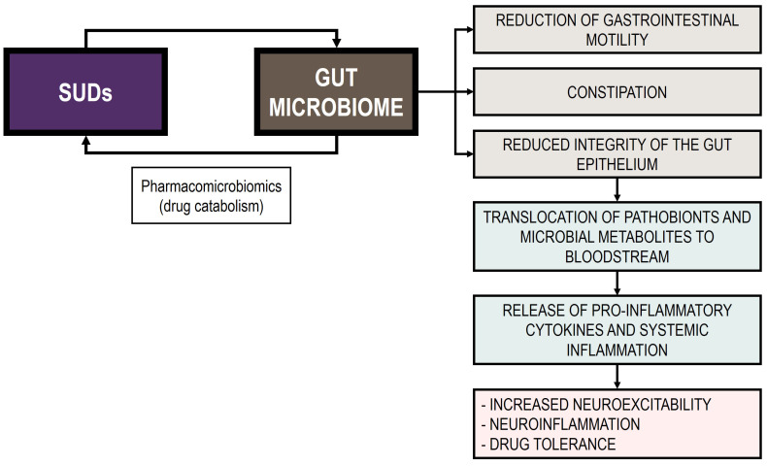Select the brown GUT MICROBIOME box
click(336, 93)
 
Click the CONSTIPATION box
click(617, 93)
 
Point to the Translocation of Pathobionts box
click(617, 234)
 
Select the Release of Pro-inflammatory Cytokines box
click(617, 330)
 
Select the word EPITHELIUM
click(617, 165)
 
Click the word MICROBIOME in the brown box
click(336, 107)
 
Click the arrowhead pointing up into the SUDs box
click(87, 141)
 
